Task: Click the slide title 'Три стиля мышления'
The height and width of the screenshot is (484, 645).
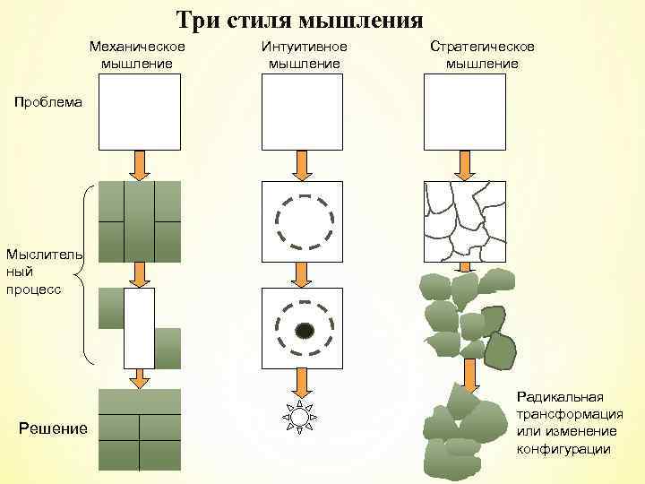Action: pos(298,20)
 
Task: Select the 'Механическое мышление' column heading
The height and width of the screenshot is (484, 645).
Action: pos(138,55)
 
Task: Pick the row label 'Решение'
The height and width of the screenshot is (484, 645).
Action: pos(53,428)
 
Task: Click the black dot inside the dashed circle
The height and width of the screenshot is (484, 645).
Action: pos(305,331)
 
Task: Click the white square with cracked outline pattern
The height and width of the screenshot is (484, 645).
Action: pos(464,220)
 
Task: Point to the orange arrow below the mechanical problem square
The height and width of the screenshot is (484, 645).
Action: pos(139,165)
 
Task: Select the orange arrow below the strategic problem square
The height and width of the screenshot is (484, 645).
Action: pos(464,165)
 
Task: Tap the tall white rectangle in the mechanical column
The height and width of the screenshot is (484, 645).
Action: pos(139,327)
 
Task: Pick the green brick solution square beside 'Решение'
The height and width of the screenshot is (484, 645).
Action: pos(139,430)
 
